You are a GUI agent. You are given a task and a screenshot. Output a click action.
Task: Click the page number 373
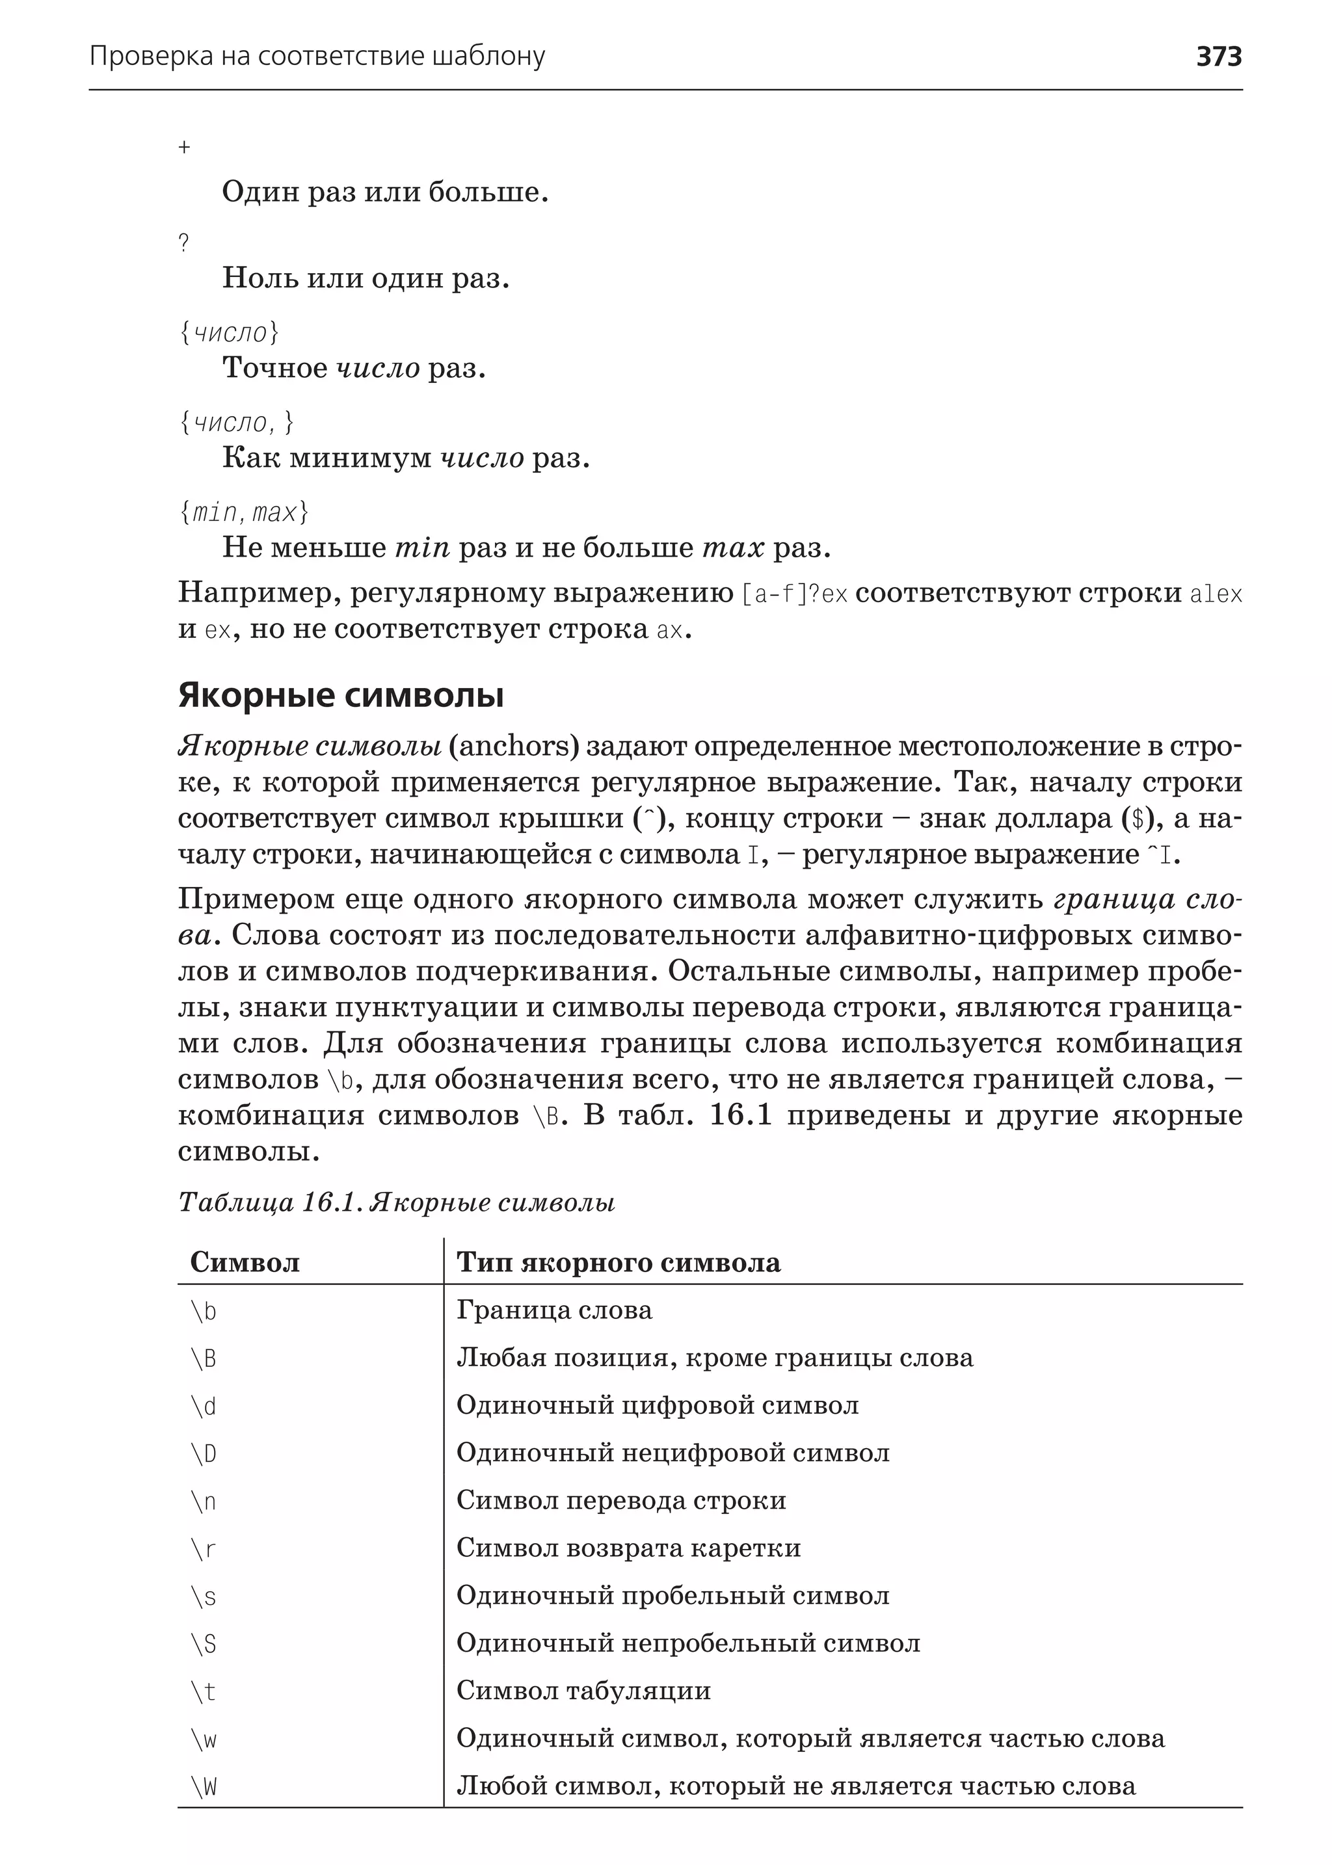point(1219,57)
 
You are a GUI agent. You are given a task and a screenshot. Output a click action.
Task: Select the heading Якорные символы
point(340,696)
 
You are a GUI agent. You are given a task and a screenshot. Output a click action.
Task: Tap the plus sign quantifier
point(185,148)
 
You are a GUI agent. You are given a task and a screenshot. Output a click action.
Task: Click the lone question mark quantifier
point(183,243)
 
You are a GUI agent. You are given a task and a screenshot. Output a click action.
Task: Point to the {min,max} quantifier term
point(244,512)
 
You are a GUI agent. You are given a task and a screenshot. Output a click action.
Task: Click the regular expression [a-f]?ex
point(794,594)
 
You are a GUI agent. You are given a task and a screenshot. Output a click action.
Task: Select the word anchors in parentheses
point(514,747)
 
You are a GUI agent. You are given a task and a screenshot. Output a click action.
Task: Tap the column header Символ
point(245,1262)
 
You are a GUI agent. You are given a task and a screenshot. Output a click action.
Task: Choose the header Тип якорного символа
point(619,1262)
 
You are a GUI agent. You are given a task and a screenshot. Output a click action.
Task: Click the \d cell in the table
point(204,1407)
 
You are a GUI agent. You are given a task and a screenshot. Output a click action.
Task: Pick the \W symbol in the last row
point(204,1787)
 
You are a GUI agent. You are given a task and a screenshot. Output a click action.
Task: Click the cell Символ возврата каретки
point(628,1548)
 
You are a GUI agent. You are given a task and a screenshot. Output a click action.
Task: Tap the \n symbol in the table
point(204,1501)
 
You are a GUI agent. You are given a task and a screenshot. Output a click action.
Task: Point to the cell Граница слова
point(553,1310)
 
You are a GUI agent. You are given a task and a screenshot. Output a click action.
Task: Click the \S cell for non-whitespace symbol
point(204,1643)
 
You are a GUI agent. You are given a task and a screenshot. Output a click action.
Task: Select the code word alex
point(1216,594)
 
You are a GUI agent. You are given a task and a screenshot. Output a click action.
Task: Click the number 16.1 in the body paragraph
point(741,1115)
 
